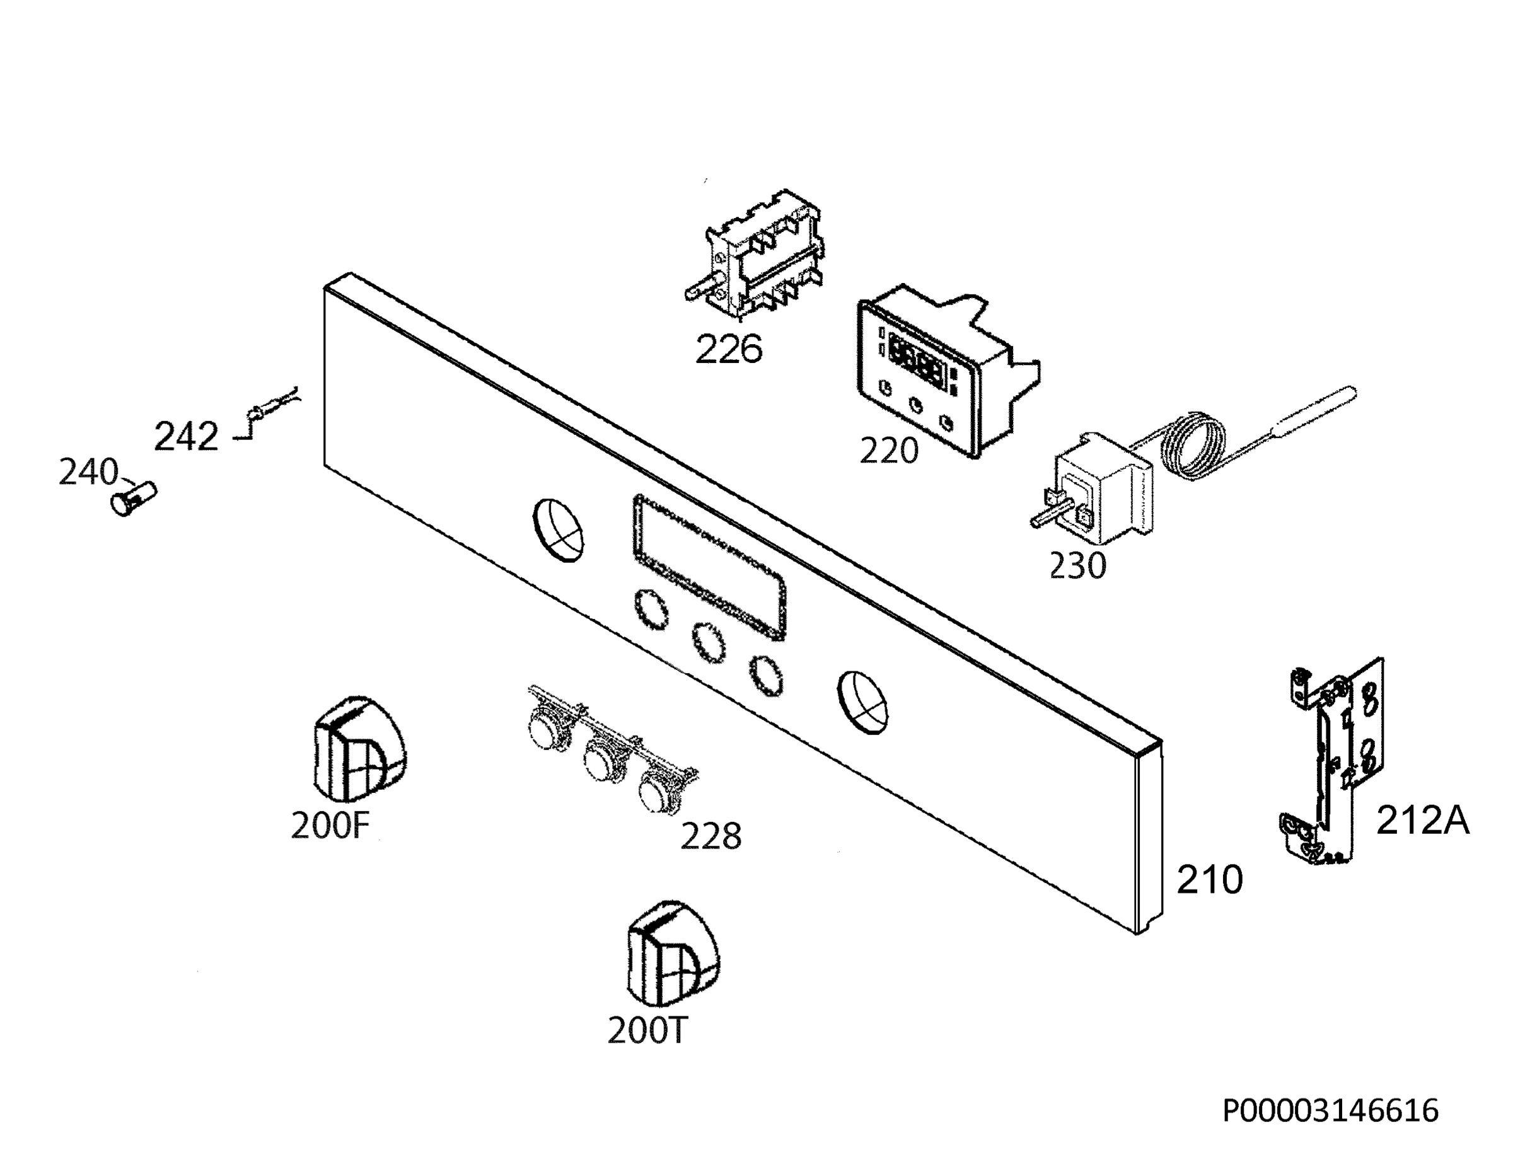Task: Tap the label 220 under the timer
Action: point(888,451)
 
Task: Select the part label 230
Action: point(1077,565)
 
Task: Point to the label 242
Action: point(186,436)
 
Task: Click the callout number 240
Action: point(88,472)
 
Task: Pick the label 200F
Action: point(331,825)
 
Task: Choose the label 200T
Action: point(647,1030)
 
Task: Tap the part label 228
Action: point(710,836)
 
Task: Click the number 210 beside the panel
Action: point(1210,879)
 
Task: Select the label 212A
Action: point(1422,821)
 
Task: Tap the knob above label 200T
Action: point(673,954)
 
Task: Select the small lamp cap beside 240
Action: point(134,498)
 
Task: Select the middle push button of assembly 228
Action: point(601,758)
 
